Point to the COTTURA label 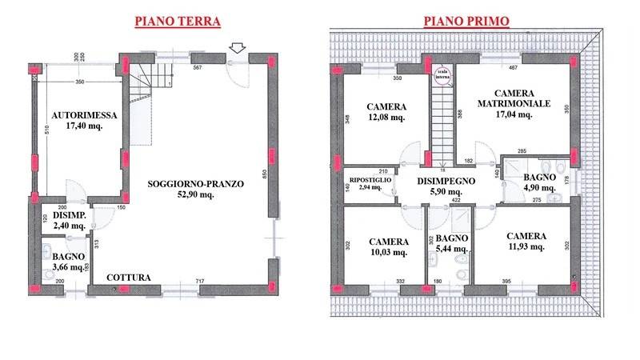(129, 278)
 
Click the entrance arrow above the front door (237, 50)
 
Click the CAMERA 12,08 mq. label (386, 112)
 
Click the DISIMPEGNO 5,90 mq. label (446, 186)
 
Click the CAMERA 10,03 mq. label (388, 247)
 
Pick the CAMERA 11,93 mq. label (526, 242)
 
